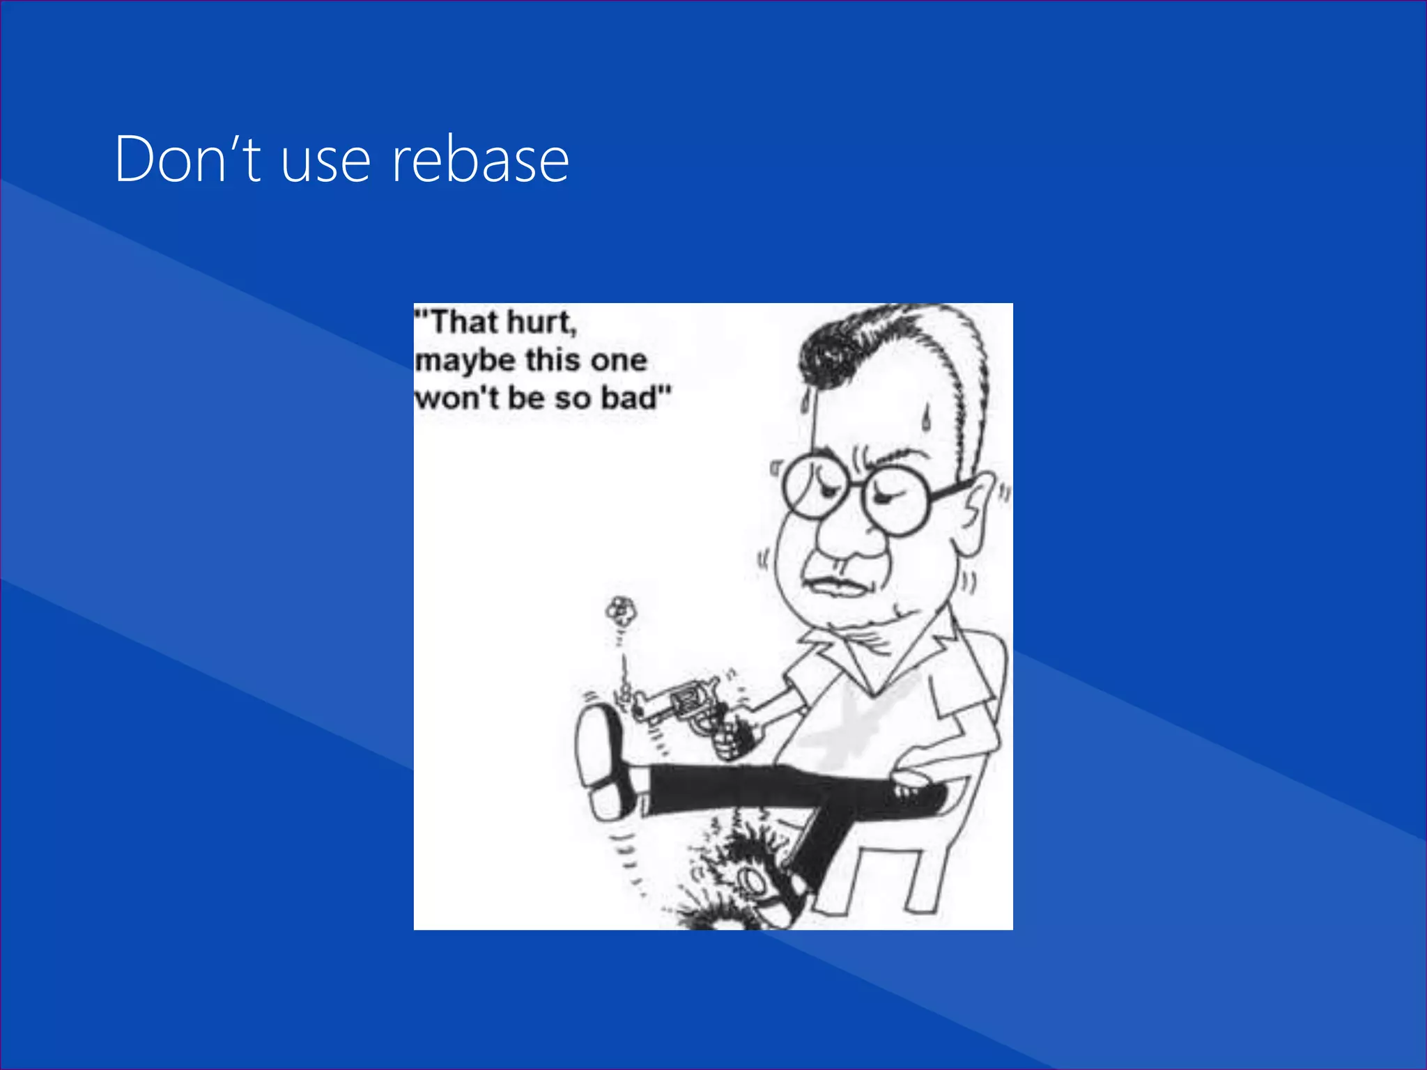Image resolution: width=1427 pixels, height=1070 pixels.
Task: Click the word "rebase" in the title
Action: tap(480, 161)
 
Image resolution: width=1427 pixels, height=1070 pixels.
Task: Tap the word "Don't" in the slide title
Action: tap(187, 160)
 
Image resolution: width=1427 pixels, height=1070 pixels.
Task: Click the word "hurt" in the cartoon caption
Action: tap(540, 323)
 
